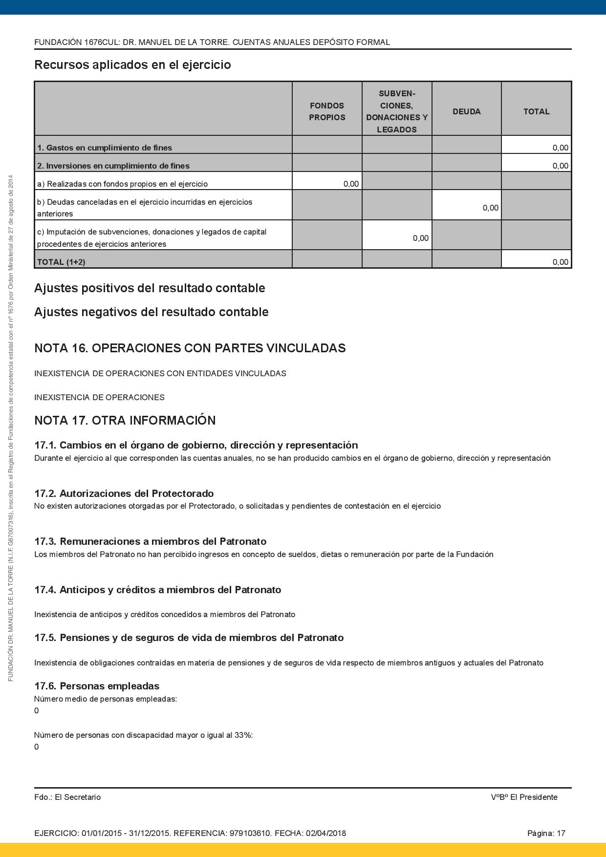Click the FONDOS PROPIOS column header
pyautogui.click(x=327, y=111)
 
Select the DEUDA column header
pyautogui.click(x=466, y=111)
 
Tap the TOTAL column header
pyautogui.click(x=536, y=111)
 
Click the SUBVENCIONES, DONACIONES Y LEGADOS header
pyautogui.click(x=397, y=111)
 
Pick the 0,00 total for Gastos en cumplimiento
pyautogui.click(x=560, y=148)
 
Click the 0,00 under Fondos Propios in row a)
pyautogui.click(x=351, y=184)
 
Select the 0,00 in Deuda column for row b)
pyautogui.click(x=490, y=208)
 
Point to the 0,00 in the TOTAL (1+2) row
pyautogui.click(x=560, y=262)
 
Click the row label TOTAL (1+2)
pyautogui.click(x=61, y=262)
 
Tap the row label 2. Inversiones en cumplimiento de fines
pyautogui.click(x=113, y=166)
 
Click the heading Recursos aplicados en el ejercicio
pyautogui.click(x=132, y=64)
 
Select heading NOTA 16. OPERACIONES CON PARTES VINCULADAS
pyautogui.click(x=190, y=348)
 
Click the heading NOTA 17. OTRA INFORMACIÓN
pyautogui.click(x=125, y=420)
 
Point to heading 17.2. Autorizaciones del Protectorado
pyautogui.click(x=124, y=493)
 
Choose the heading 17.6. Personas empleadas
pyautogui.click(x=97, y=686)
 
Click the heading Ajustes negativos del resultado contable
pyautogui.click(x=151, y=312)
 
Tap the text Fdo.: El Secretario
pyautogui.click(x=67, y=797)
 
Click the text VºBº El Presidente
pyautogui.click(x=524, y=797)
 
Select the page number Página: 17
pyautogui.click(x=546, y=833)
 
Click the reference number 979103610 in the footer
pyautogui.click(x=250, y=833)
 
